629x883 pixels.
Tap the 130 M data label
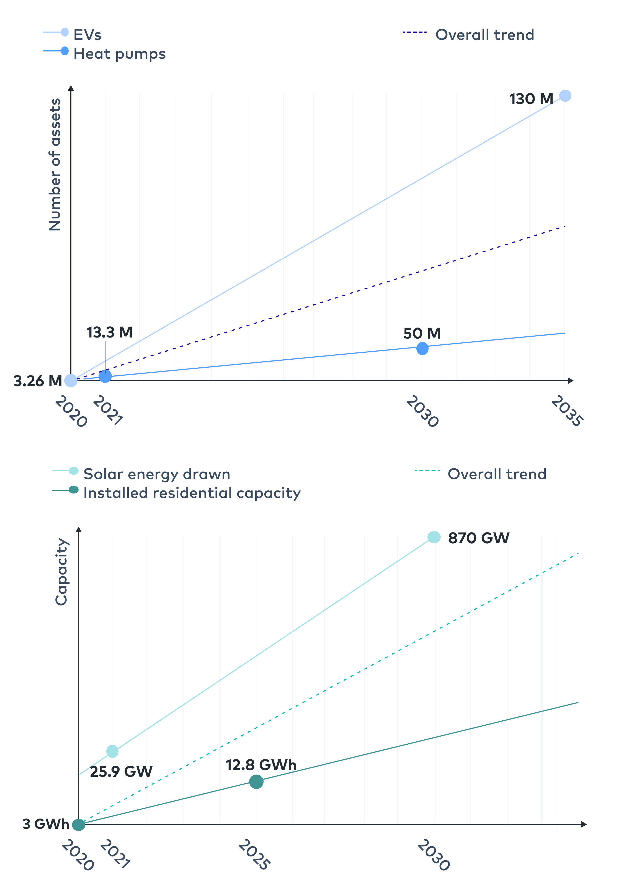[531, 99]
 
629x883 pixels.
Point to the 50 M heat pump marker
[422, 348]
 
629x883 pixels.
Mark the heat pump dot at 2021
[105, 376]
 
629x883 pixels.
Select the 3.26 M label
[38, 381]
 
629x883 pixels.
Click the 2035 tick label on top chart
[567, 411]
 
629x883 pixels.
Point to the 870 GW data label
[478, 538]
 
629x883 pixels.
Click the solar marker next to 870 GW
[434, 537]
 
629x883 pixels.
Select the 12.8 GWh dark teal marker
[256, 782]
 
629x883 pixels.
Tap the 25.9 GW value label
[121, 772]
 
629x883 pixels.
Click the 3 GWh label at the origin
[46, 824]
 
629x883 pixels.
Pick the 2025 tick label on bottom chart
[254, 854]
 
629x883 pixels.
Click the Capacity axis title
[61, 572]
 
